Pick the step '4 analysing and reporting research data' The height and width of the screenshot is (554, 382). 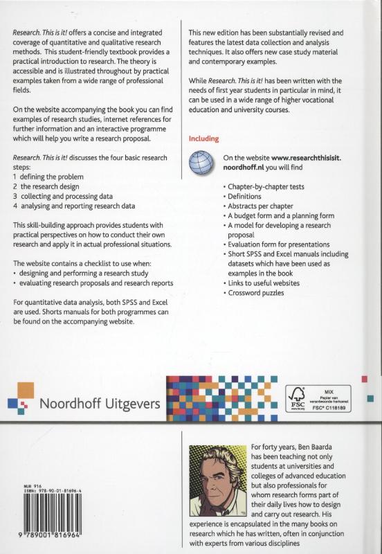[x=78, y=206]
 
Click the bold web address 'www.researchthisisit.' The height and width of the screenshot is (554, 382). [x=309, y=159]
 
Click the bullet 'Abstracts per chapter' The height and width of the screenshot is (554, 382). [x=260, y=206]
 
